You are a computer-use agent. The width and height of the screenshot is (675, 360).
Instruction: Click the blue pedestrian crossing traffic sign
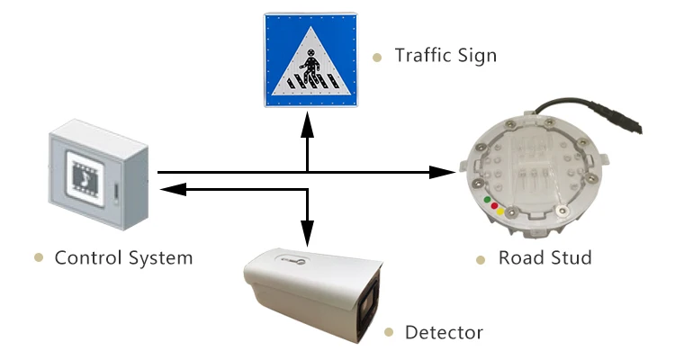click(309, 59)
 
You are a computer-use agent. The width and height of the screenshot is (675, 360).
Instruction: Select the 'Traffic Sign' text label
click(445, 56)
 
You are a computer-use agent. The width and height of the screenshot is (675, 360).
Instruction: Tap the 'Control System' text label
click(123, 258)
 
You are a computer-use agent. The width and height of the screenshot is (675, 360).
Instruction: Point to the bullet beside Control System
click(38, 258)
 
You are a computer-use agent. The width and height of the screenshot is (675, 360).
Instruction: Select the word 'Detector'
click(444, 333)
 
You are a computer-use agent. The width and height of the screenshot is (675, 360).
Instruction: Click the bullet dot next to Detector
click(389, 333)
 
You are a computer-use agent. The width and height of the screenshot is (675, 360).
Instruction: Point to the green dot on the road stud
click(487, 198)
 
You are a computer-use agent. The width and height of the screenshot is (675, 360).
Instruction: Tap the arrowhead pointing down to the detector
click(308, 236)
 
